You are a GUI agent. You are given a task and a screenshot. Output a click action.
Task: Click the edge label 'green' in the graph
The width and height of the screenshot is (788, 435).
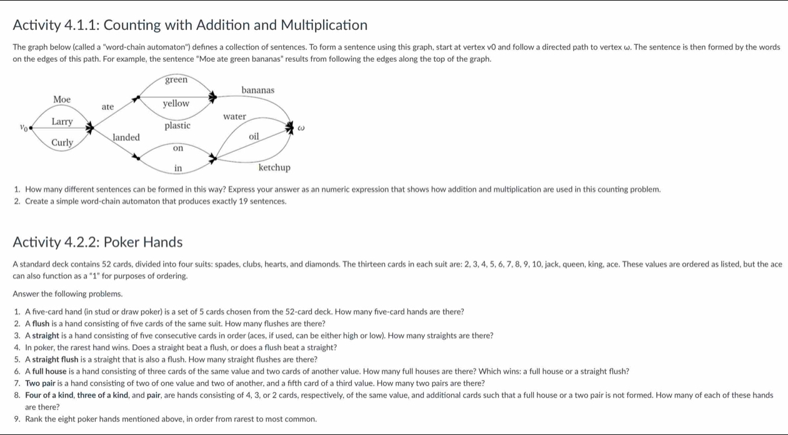[176, 79]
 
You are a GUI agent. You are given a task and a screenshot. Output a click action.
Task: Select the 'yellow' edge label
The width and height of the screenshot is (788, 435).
[176, 103]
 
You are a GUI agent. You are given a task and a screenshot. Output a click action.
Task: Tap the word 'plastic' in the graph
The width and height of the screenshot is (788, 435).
[177, 126]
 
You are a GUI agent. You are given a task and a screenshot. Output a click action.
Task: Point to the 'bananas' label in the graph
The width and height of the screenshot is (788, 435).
[257, 90]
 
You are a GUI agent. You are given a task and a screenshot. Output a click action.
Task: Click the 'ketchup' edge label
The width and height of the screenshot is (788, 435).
[274, 167]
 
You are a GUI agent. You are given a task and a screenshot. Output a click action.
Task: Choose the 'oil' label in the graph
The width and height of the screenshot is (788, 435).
[254, 136]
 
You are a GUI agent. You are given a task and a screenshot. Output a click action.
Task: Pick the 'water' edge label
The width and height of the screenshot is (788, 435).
[235, 116]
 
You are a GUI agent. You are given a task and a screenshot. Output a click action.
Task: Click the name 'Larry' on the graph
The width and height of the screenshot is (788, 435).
[62, 121]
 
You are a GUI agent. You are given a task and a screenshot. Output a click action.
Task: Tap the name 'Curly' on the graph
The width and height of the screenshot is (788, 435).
[62, 142]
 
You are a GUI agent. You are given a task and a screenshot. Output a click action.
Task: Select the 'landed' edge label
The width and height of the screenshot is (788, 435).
[126, 137]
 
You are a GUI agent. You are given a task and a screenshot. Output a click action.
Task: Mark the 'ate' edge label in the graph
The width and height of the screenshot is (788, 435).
[108, 107]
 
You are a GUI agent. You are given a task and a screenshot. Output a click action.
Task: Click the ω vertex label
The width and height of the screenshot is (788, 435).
[301, 127]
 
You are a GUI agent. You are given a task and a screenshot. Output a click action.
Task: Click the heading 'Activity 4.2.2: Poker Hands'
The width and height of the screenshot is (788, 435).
[97, 242]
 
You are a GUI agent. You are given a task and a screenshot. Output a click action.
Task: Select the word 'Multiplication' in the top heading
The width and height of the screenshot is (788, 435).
[324, 25]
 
